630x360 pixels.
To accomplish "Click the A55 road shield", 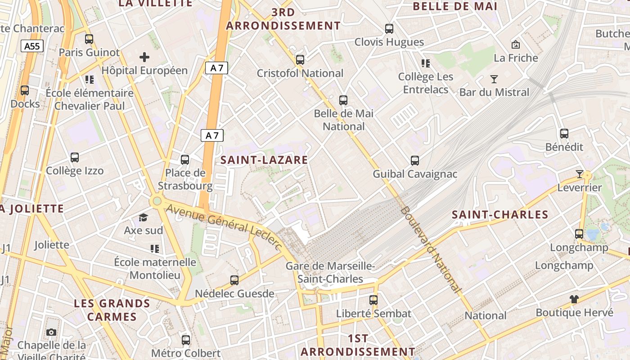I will pos(31,45).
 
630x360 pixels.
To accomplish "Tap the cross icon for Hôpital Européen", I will pos(144,57).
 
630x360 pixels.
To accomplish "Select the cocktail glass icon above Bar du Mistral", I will pos(494,80).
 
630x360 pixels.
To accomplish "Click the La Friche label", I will pos(516,58).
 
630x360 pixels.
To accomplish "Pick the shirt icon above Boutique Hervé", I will pos(574,299).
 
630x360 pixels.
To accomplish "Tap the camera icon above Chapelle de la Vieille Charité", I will pos(52,333).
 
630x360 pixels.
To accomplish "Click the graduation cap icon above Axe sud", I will pos(143,218).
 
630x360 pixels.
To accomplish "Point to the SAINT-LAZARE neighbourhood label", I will pos(264,160).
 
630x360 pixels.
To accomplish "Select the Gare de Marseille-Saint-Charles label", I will pos(330,273).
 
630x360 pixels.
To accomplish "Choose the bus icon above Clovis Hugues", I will pos(389,29).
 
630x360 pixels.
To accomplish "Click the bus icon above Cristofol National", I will pos(300,60).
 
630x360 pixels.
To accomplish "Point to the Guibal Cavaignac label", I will pos(415,174).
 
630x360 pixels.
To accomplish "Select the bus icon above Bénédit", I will pos(564,134).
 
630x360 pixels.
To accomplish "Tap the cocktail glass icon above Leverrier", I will pos(580,174).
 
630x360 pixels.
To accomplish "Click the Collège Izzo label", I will pos(75,171).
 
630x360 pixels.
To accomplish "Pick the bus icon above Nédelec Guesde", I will pos(234,280).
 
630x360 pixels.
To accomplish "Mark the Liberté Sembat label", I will pos(374,314).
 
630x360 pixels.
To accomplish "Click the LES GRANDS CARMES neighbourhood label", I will pos(112,310).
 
